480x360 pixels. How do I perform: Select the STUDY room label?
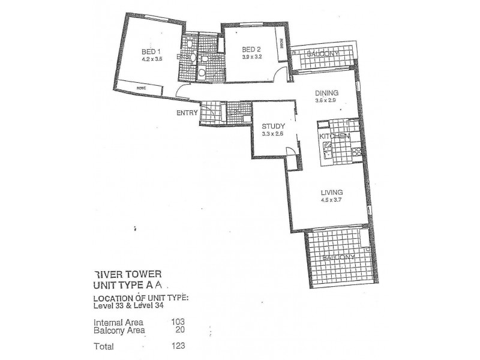click(x=274, y=126)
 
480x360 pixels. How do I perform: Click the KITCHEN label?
click(x=335, y=137)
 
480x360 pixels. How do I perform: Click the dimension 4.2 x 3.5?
click(x=151, y=59)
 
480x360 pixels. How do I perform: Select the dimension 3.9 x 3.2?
click(x=251, y=57)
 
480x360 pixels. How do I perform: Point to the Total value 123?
click(x=178, y=345)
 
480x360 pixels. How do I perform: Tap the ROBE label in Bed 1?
click(x=141, y=88)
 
